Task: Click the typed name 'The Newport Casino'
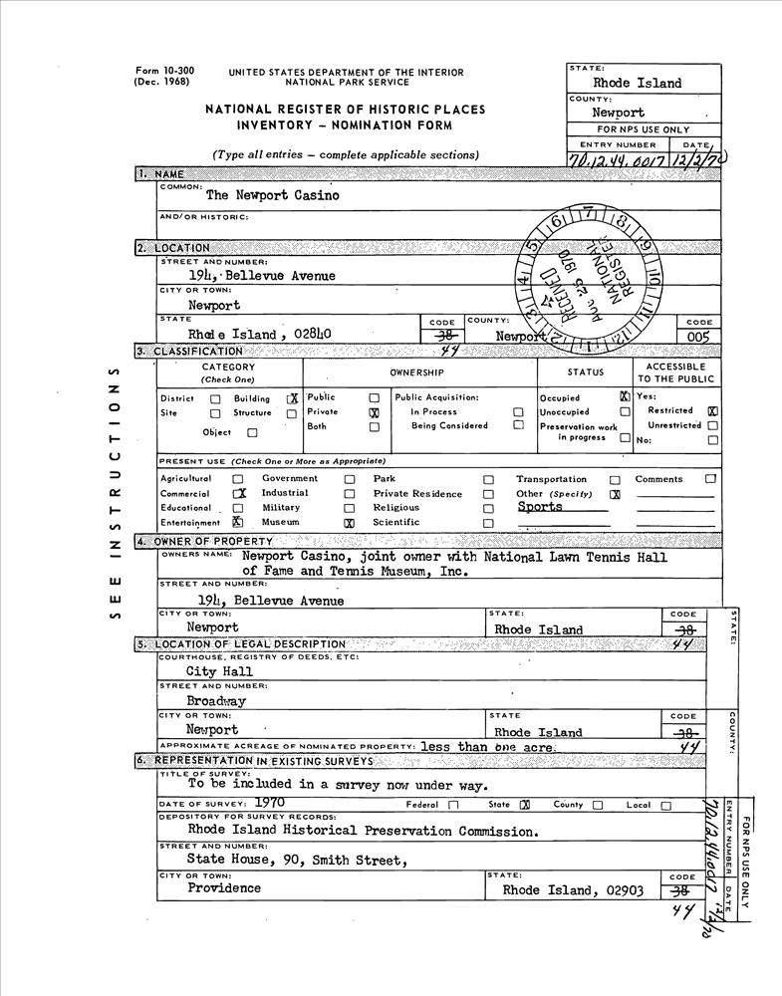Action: point(272,195)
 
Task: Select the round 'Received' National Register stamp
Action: point(596,280)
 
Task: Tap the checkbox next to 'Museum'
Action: point(349,522)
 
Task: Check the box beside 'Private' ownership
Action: point(374,412)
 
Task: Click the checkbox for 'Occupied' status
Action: point(624,396)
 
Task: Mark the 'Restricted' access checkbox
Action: point(712,410)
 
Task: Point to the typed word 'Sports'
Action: point(540,507)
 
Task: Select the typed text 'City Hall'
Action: point(219,671)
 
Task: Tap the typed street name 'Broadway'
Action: point(216,700)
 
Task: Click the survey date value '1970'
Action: point(272,801)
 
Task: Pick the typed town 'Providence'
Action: point(224,888)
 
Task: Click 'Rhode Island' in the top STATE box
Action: point(638,84)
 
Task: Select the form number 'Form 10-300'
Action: point(164,71)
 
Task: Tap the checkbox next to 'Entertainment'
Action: point(237,521)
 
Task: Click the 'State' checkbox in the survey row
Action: point(525,805)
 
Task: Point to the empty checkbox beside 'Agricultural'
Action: point(237,479)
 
